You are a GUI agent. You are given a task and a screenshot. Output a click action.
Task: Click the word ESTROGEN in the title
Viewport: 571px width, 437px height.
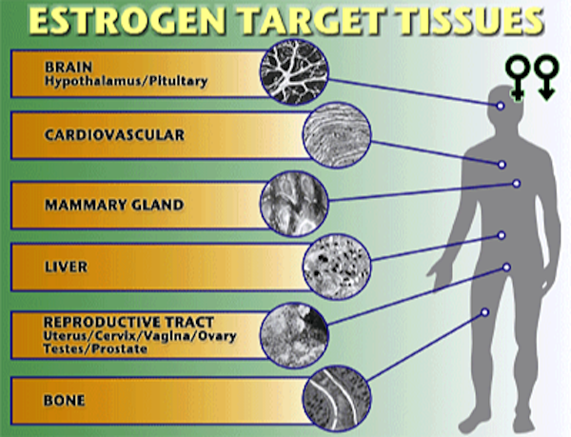click(x=128, y=21)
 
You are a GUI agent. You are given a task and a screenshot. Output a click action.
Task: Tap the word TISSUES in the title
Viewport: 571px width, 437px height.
click(x=473, y=21)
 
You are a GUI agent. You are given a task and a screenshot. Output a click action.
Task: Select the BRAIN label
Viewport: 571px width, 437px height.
click(x=69, y=67)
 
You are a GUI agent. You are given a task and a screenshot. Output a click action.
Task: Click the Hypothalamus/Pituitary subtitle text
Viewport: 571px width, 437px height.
click(x=126, y=81)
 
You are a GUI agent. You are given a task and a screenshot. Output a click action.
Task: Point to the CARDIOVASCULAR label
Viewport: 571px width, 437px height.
click(x=114, y=135)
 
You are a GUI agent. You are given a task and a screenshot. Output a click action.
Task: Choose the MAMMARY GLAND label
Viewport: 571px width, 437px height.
click(x=114, y=205)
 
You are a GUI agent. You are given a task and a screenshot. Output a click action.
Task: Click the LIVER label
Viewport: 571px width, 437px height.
click(x=66, y=267)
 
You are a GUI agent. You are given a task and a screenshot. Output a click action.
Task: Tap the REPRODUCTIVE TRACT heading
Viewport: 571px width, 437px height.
click(x=128, y=323)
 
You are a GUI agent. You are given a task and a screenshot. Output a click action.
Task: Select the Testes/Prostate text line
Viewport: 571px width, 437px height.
click(x=95, y=348)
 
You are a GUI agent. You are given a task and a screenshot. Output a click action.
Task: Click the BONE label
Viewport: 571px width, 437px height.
click(x=64, y=401)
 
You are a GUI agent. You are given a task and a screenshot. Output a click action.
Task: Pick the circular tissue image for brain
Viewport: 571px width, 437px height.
click(x=294, y=71)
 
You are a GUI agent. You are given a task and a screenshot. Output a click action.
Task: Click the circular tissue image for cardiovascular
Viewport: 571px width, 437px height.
click(x=337, y=135)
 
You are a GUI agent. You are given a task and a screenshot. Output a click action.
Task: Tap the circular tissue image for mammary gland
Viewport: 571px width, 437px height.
click(x=294, y=204)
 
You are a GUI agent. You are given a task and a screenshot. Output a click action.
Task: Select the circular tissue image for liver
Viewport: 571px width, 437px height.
click(x=337, y=267)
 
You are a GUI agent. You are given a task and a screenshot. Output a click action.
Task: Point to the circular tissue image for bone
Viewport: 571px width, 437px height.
click(x=337, y=398)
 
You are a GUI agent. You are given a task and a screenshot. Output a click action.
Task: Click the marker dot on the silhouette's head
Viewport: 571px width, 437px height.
click(x=501, y=106)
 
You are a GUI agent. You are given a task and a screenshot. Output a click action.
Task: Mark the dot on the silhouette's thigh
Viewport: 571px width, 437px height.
click(x=484, y=312)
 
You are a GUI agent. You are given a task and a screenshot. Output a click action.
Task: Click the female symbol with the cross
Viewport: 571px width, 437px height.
click(x=518, y=77)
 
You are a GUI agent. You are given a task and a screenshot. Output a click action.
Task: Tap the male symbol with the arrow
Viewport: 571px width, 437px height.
click(x=546, y=77)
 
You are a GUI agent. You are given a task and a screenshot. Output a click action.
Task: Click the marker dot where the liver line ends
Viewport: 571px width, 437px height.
click(x=502, y=235)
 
